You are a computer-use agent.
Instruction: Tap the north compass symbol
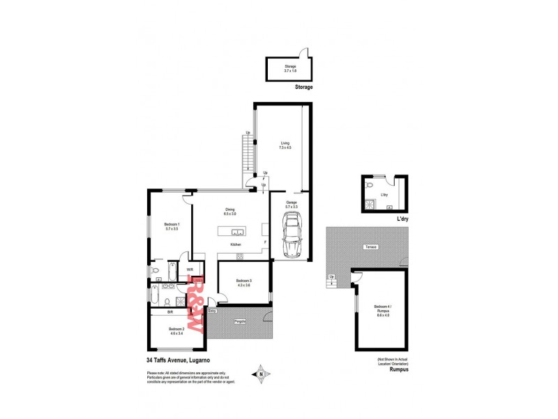tap(261, 373)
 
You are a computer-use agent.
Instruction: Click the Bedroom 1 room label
tap(163, 226)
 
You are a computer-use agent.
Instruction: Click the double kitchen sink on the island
tap(236, 233)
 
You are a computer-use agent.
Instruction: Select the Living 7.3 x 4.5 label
tap(285, 145)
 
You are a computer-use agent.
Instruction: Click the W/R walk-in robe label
tap(190, 269)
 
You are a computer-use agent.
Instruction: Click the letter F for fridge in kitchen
tap(265, 242)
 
